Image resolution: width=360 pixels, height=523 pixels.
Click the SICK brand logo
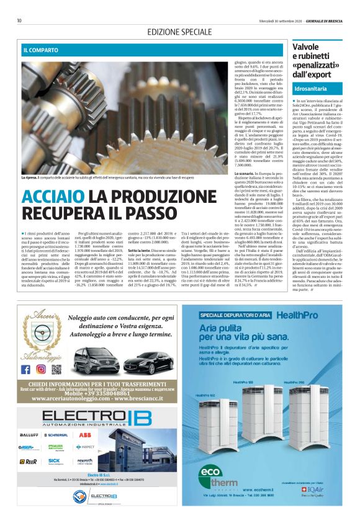click(55, 461)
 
